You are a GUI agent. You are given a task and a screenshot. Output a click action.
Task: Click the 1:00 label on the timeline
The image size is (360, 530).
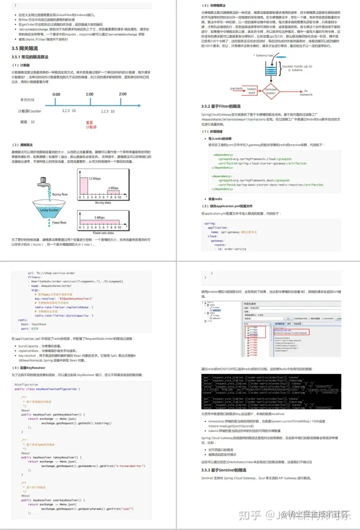tap(89, 94)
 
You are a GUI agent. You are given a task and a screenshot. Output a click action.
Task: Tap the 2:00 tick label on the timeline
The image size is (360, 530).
tap(122, 94)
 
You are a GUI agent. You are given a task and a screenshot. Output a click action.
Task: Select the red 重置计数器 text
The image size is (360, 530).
tap(90, 125)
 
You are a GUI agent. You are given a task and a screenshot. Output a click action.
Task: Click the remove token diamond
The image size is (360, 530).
tap(270, 91)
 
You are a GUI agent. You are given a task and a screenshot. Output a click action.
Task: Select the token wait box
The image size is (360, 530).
tap(251, 91)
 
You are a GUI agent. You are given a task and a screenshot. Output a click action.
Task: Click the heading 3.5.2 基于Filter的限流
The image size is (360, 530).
tap(220, 107)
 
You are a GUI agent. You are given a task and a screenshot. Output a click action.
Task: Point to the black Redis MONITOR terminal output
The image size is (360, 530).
tap(264, 391)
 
